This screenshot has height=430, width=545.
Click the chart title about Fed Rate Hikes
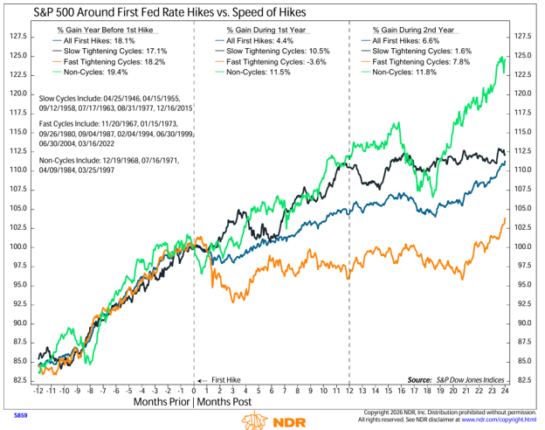point(169,12)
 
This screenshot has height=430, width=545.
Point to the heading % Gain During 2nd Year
point(413,30)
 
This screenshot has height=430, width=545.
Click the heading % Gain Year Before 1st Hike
point(105,30)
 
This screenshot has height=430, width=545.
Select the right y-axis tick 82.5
point(524,380)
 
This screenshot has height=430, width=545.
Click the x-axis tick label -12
point(38,391)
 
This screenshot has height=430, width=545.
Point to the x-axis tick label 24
point(505,391)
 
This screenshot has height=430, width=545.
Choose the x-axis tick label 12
point(349,391)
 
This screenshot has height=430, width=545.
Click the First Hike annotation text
point(226,380)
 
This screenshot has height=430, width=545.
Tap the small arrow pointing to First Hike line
point(203,380)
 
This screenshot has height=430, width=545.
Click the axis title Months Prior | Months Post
point(192,402)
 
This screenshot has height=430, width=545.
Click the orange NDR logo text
point(290,423)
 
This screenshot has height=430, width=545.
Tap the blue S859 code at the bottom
point(20,415)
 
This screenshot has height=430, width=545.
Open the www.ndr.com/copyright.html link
point(499,420)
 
